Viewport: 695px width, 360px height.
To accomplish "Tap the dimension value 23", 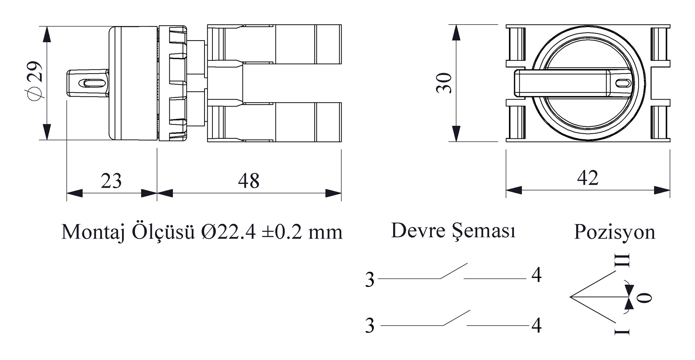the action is pyautogui.click(x=111, y=181).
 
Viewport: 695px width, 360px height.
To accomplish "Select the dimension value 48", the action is pyautogui.click(x=249, y=181).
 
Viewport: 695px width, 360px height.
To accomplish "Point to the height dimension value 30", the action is pyautogui.click(x=444, y=83).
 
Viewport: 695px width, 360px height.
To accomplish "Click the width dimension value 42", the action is pyautogui.click(x=587, y=178).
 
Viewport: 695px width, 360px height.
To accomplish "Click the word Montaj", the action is pyautogui.click(x=93, y=232).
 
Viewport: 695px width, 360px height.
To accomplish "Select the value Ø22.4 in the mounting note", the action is pyautogui.click(x=228, y=232).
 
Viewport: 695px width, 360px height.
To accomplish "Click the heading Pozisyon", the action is pyautogui.click(x=615, y=232).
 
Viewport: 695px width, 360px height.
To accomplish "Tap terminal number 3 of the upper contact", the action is pyautogui.click(x=370, y=280).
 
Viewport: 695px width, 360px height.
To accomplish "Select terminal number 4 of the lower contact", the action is pyautogui.click(x=536, y=326).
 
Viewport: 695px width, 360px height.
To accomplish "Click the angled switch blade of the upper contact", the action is pyautogui.click(x=454, y=271).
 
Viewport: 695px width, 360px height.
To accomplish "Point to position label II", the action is pyautogui.click(x=622, y=260).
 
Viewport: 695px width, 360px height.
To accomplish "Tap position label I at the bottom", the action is pyautogui.click(x=622, y=331).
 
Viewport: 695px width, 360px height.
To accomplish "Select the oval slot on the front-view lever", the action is pyautogui.click(x=623, y=83).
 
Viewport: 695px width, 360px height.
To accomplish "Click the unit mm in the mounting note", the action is pyautogui.click(x=325, y=234).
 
